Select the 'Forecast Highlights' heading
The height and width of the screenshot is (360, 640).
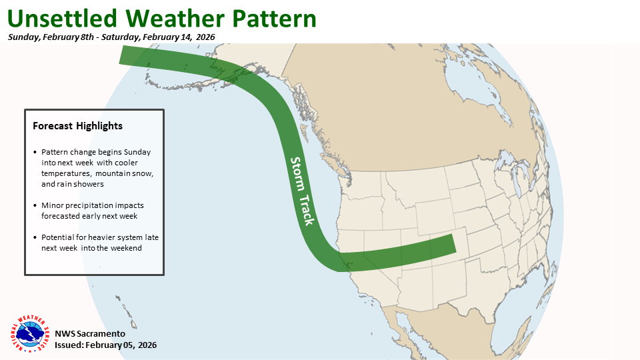click(x=77, y=126)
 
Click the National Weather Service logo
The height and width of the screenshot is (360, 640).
click(x=29, y=333)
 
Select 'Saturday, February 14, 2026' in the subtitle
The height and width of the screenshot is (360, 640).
click(x=177, y=37)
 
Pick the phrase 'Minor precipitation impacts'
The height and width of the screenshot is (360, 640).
click(x=92, y=205)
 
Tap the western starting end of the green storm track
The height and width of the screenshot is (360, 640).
click(x=124, y=55)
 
